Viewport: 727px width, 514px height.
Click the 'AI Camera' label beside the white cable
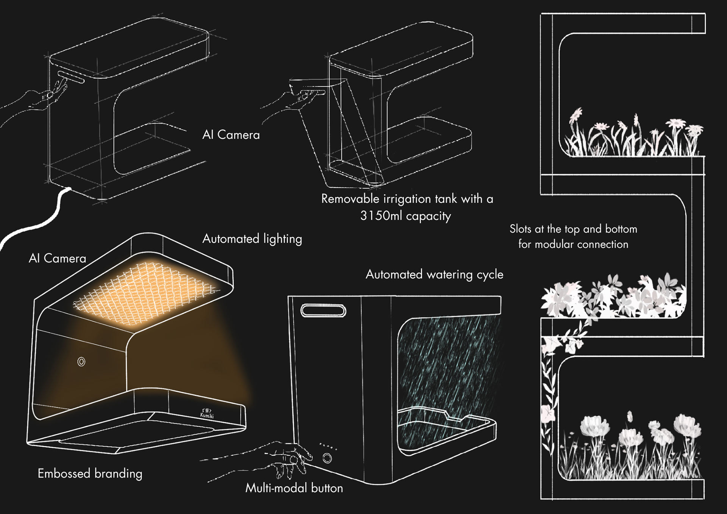coord(58,258)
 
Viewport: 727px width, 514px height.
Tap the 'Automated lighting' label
coord(252,239)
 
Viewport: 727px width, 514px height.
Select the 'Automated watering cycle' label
coord(434,275)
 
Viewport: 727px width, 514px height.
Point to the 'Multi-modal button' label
coord(294,488)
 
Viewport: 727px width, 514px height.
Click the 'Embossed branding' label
coord(90,473)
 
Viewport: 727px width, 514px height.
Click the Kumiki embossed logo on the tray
coord(207,413)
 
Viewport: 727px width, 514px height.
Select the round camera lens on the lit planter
coord(81,362)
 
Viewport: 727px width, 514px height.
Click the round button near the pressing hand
coord(327,459)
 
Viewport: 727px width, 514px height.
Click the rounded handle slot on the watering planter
coord(323,311)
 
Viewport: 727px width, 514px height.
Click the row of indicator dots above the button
coord(328,446)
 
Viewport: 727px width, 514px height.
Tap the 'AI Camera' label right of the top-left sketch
coord(231,135)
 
